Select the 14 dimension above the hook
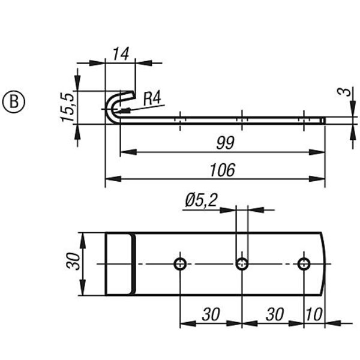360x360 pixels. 121,53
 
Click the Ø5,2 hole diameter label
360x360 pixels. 201,200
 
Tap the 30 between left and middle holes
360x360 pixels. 211,314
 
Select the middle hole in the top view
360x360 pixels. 242,263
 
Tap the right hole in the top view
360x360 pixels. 304,263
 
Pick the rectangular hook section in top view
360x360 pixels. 119,264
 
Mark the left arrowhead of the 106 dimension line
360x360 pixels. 110,178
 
